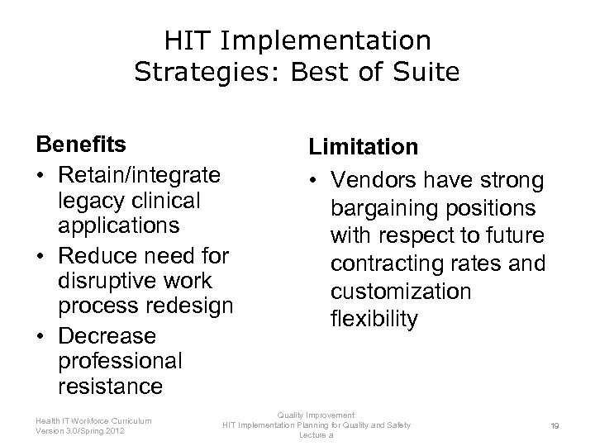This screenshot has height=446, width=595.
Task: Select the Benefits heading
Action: click(x=81, y=145)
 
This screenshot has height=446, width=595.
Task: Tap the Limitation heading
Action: click(x=364, y=146)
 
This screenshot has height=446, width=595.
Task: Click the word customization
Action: click(x=401, y=292)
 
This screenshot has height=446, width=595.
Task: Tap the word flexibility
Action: click(x=374, y=319)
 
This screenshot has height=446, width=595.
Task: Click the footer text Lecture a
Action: click(x=316, y=434)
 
